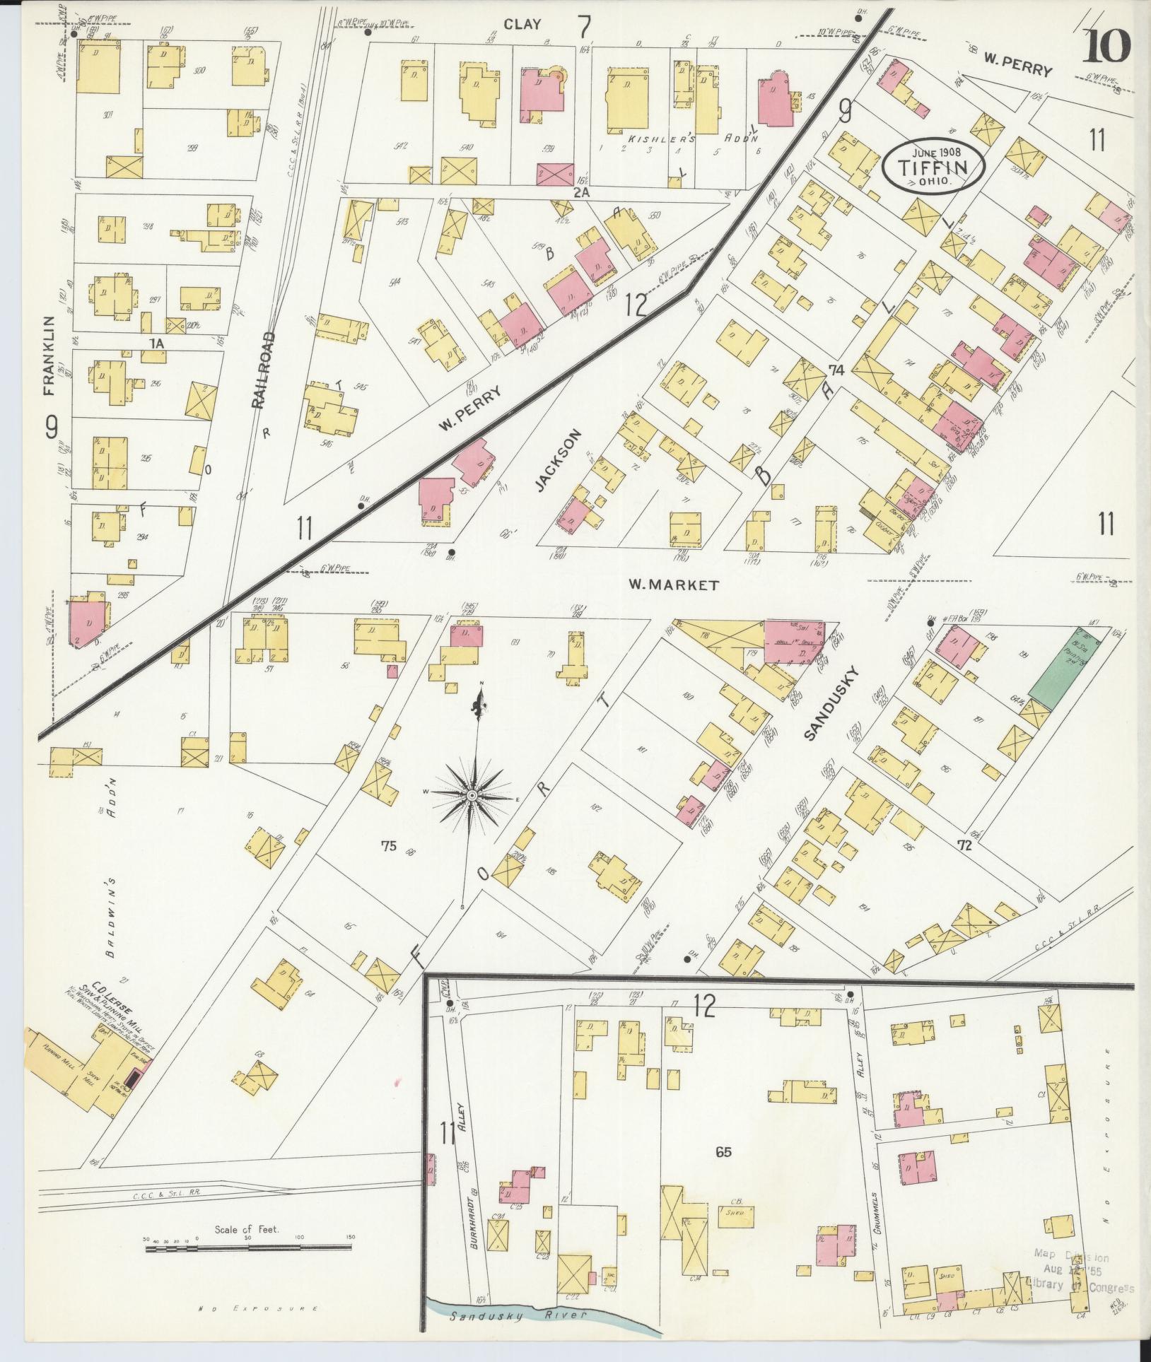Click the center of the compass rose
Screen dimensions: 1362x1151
[x=470, y=796]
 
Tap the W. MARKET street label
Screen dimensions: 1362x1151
[x=673, y=585]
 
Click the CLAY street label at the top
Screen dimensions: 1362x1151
[x=522, y=24]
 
